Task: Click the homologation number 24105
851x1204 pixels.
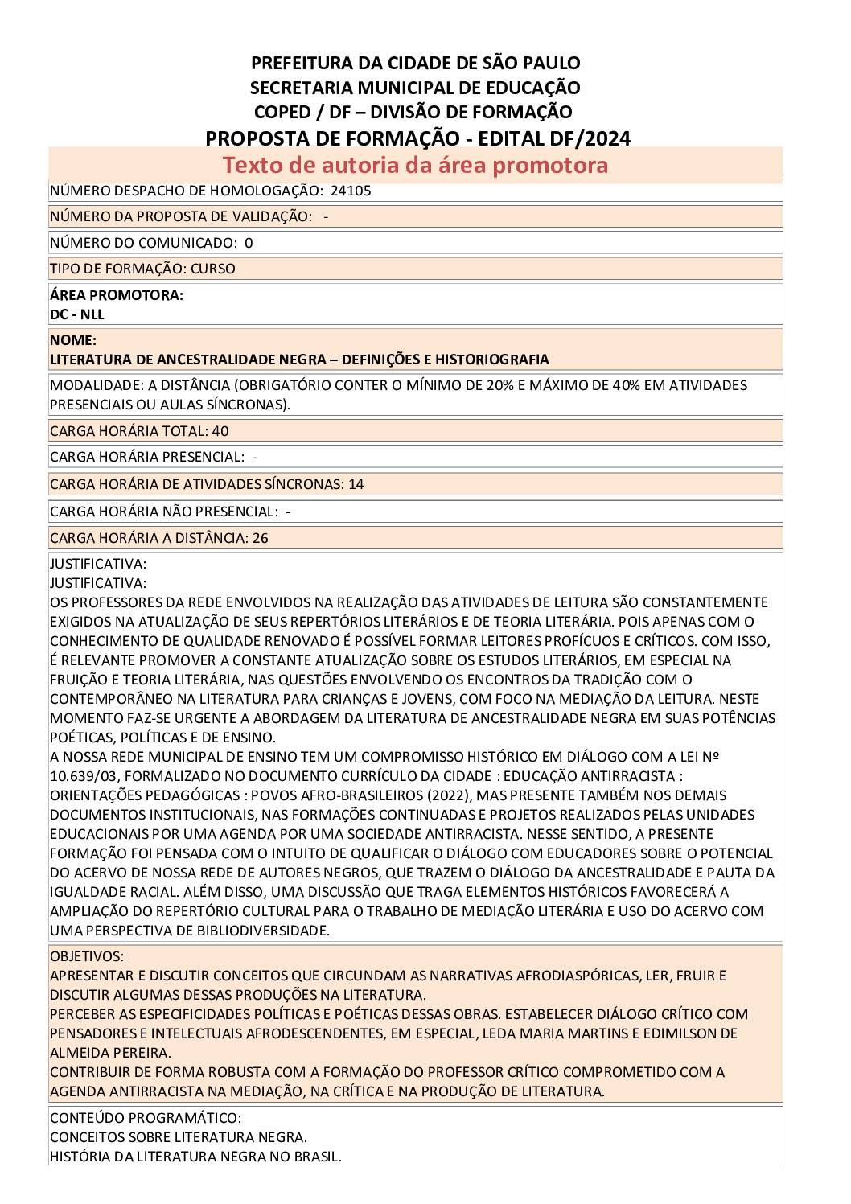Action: coord(351,191)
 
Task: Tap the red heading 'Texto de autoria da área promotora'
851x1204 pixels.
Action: coord(415,165)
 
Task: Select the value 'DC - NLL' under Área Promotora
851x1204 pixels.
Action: coord(77,314)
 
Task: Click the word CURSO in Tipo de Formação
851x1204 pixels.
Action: coord(213,269)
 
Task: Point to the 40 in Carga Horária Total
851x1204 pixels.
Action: coord(220,431)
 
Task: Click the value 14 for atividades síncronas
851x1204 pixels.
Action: coord(356,484)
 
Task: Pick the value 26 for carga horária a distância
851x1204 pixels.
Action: coord(261,538)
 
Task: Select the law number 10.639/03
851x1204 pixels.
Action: coord(84,776)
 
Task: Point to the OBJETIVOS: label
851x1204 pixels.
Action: coord(87,956)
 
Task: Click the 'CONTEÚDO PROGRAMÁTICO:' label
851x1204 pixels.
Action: coord(146,1118)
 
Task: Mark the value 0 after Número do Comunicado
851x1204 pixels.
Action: coord(249,243)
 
